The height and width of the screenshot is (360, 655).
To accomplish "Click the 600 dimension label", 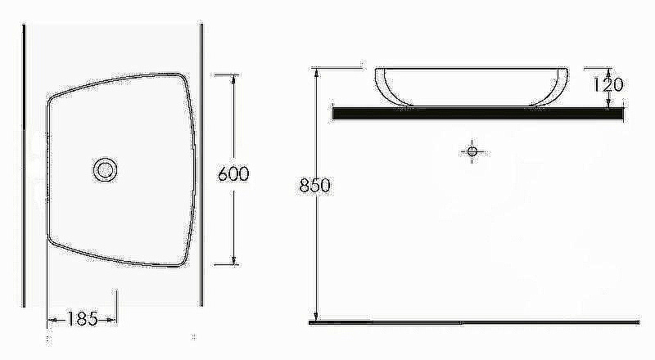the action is click(233, 173).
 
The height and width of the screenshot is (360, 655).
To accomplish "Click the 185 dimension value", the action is click(82, 319).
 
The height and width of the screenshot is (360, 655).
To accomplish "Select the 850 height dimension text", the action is click(315, 186).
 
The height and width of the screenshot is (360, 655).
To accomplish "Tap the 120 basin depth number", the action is click(608, 85).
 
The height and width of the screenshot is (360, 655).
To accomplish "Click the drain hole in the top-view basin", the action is click(106, 170).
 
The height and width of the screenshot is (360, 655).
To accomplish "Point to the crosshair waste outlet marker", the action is click(472, 151).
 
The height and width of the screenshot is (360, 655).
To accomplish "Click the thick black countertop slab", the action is click(478, 113).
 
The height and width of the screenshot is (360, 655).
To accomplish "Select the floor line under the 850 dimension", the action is click(474, 322).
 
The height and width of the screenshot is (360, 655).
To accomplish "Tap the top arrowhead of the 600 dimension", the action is click(233, 79).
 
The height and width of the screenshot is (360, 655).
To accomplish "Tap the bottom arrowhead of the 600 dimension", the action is click(233, 259).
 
